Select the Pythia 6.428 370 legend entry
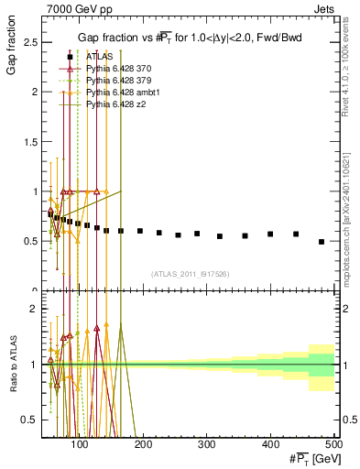(119, 69)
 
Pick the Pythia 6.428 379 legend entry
(119, 81)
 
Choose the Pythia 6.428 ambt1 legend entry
(123, 93)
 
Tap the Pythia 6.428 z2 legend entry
(116, 104)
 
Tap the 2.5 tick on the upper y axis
(33, 42)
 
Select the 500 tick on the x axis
(333, 444)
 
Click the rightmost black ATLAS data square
(322, 242)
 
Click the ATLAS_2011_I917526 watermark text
(191, 274)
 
